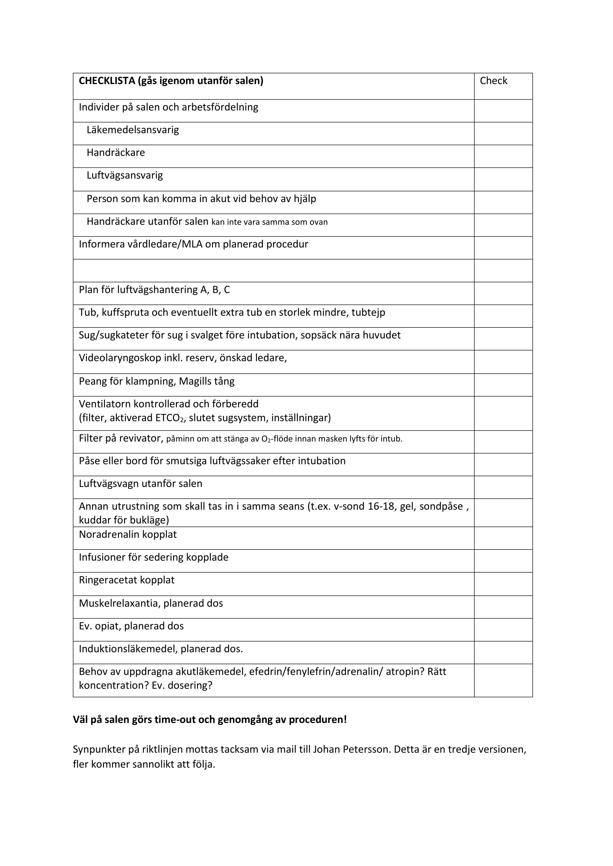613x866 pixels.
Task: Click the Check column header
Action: click(x=493, y=81)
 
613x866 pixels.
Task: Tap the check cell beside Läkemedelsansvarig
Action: click(x=503, y=133)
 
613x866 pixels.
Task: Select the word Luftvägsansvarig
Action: click(x=125, y=175)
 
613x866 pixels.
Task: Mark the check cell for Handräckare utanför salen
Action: click(x=503, y=225)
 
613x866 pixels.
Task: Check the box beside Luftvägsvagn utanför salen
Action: click(x=503, y=487)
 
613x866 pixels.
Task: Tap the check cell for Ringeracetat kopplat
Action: click(x=503, y=584)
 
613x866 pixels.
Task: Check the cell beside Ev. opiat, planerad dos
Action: click(x=503, y=630)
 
